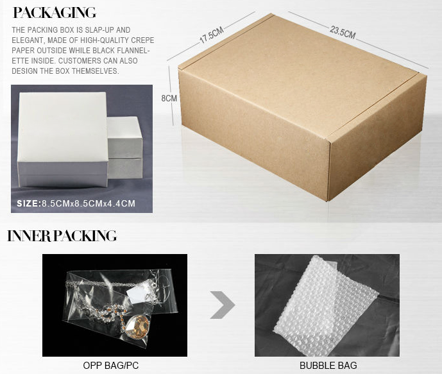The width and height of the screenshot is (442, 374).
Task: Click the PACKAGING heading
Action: click(55, 13)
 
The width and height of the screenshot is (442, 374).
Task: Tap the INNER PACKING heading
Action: click(62, 236)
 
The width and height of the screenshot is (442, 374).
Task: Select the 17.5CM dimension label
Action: click(212, 35)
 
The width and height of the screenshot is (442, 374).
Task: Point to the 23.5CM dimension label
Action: click(343, 32)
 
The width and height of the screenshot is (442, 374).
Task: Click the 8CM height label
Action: click(169, 98)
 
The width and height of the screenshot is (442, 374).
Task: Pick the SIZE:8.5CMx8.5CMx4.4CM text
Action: click(76, 203)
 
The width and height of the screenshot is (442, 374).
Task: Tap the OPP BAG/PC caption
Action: click(111, 366)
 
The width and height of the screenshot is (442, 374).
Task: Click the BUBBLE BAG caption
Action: click(328, 366)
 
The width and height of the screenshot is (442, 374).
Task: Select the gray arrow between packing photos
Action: click(223, 305)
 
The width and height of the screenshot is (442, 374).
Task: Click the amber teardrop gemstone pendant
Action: click(137, 327)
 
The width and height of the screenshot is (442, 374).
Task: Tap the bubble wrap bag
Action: click(326, 302)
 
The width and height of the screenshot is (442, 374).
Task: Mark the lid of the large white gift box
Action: click(63, 127)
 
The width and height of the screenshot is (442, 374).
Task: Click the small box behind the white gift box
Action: click(125, 148)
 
